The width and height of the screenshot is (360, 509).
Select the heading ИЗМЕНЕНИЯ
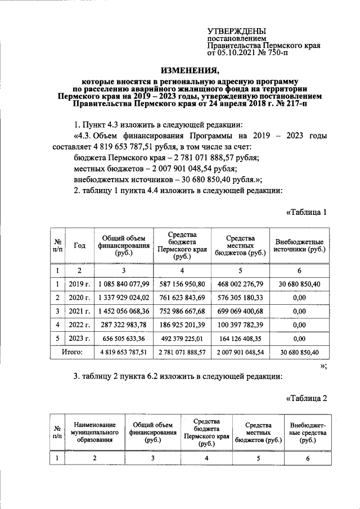point(190,70)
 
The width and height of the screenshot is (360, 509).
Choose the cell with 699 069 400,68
point(240,310)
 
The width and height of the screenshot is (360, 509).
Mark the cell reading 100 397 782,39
point(240,325)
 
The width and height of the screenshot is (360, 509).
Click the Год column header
point(79,246)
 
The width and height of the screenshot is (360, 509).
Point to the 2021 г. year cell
point(79,310)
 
